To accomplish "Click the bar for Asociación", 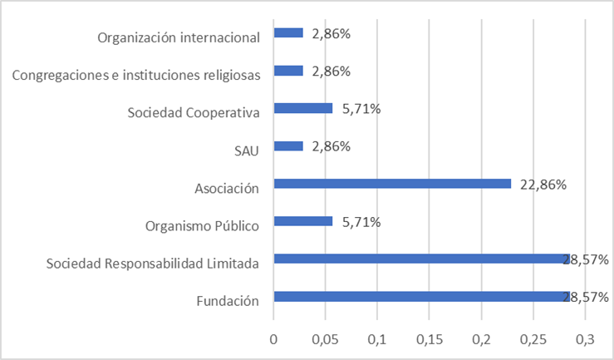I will tap(392, 184).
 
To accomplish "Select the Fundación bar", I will tap(420, 297).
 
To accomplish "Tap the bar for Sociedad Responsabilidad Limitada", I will tap(420, 259).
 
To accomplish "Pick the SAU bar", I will tap(288, 146).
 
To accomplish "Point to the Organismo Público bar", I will tap(303, 221).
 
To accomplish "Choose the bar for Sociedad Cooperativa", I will tap(303, 108).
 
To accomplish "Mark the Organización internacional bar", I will tap(288, 33).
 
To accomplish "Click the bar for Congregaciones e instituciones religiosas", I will tap(288, 71).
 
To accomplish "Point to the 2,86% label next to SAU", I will tap(331, 147).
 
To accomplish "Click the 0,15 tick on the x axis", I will tap(430, 339).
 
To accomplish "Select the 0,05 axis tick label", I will tap(326, 339).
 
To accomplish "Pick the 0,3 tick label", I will tap(586, 339).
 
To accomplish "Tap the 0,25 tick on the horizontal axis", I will tap(533, 339).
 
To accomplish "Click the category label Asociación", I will tap(227, 189).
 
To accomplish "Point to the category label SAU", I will tap(248, 151).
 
